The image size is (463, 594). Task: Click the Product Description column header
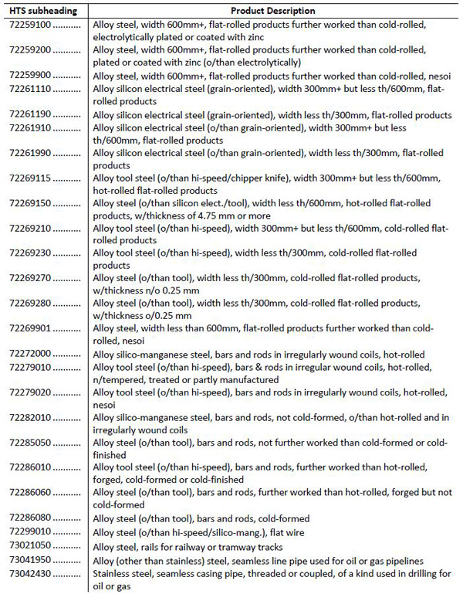click(x=273, y=11)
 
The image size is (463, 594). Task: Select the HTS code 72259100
click(x=32, y=25)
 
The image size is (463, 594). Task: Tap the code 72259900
click(x=32, y=76)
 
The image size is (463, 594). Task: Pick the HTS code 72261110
click(x=32, y=89)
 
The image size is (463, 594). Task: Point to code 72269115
click(x=32, y=178)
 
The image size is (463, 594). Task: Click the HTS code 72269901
click(x=32, y=328)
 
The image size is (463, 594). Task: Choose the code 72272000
click(x=32, y=354)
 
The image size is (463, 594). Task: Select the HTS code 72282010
click(x=32, y=417)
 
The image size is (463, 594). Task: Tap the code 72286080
click(x=32, y=518)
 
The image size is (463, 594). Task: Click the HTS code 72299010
click(x=32, y=531)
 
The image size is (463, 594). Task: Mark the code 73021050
click(x=32, y=544)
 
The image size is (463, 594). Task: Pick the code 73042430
click(x=32, y=573)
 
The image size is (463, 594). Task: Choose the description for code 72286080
click(x=201, y=518)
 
